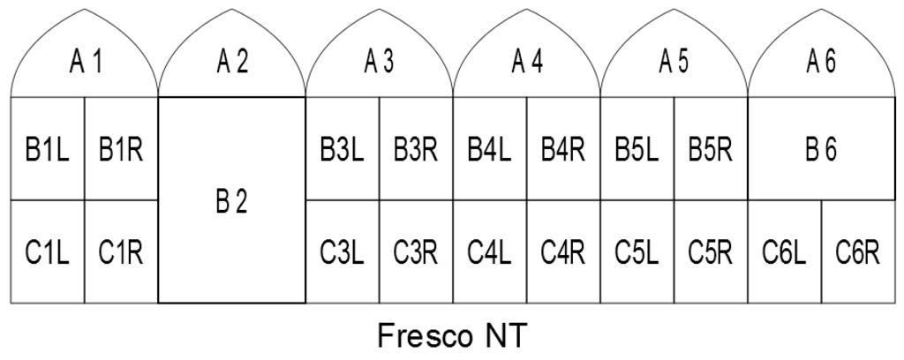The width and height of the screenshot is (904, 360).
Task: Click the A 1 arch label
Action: [x=85, y=63]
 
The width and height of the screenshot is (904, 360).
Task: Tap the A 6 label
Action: [x=822, y=63]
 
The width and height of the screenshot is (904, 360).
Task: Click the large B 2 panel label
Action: [x=232, y=202]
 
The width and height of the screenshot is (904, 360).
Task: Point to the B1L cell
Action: [x=48, y=148]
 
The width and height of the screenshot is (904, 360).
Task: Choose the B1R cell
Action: [x=122, y=148]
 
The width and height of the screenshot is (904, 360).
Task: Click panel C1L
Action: [x=48, y=251]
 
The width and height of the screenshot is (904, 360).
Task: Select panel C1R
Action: [x=122, y=251]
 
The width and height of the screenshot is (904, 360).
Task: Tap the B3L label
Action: [x=343, y=150]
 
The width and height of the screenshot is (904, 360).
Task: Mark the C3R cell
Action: [x=417, y=251]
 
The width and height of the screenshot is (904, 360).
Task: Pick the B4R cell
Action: [x=564, y=148]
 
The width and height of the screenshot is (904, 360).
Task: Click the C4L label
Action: [x=489, y=253]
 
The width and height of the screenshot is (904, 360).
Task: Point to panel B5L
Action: [x=637, y=148]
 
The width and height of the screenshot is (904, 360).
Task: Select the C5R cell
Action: [x=712, y=251]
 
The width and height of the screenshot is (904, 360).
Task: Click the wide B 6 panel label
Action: [x=822, y=150]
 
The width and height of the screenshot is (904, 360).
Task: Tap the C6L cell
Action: [x=785, y=251]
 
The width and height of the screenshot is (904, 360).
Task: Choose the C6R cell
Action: [x=858, y=251]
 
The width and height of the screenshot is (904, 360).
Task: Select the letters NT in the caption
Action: [x=504, y=336]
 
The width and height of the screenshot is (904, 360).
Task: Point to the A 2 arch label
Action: [x=232, y=63]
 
